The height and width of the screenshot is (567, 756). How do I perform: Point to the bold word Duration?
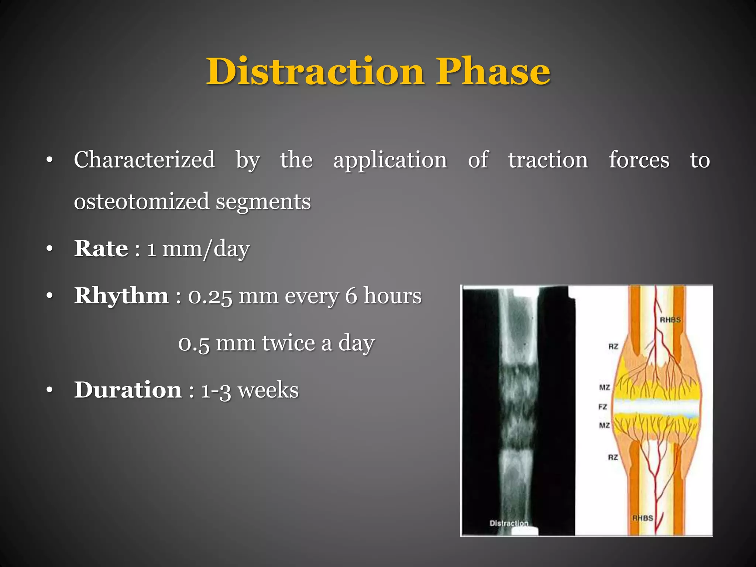pyautogui.click(x=128, y=390)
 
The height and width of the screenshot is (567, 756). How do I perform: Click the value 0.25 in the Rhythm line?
pyautogui.click(x=210, y=296)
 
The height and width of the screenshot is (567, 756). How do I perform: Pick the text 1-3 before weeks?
pyautogui.click(x=216, y=391)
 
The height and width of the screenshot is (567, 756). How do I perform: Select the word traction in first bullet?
pyautogui.click(x=548, y=160)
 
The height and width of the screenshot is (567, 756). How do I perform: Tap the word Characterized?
pyautogui.click(x=144, y=160)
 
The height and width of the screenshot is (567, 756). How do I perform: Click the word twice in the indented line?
pyautogui.click(x=288, y=343)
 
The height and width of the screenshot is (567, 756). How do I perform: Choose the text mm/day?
pyautogui.click(x=206, y=249)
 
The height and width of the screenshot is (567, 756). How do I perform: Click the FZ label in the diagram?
pyautogui.click(x=602, y=407)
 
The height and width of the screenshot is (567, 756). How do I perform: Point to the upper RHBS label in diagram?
pyautogui.click(x=670, y=320)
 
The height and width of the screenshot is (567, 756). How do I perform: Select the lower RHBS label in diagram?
pyautogui.click(x=643, y=518)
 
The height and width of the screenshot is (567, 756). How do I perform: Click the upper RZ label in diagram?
pyautogui.click(x=613, y=346)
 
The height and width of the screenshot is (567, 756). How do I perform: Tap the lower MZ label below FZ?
pyautogui.click(x=604, y=425)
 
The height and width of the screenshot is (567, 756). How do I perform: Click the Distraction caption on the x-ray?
pyautogui.click(x=509, y=523)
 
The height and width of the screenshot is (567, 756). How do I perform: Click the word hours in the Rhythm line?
pyautogui.click(x=392, y=296)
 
